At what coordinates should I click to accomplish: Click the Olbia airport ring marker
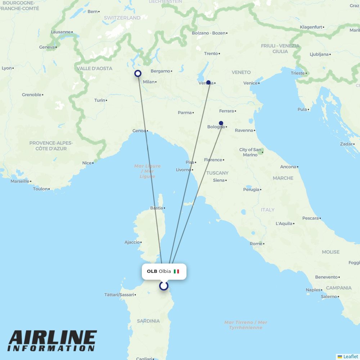tap(164, 286)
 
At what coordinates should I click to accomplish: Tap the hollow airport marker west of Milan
tap(138, 73)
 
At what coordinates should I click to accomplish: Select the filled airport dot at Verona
tap(208, 82)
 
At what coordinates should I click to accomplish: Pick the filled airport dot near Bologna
tap(221, 123)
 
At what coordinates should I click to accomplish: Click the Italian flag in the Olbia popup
tap(176, 271)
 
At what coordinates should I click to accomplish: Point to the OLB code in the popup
tap(152, 271)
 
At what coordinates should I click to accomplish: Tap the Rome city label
tap(256, 244)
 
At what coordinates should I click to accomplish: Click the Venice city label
tap(250, 83)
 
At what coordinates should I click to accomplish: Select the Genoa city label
tap(139, 131)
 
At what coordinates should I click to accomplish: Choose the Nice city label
tap(87, 163)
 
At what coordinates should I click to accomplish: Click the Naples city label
tap(313, 290)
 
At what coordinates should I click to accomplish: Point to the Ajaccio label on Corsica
tap(132, 242)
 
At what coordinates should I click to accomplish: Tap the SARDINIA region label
tap(148, 321)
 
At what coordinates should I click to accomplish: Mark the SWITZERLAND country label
tap(122, 18)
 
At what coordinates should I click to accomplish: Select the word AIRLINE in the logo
tap(53, 338)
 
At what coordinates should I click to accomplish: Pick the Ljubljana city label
tap(319, 54)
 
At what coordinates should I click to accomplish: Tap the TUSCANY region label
tap(217, 173)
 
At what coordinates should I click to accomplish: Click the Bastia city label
tap(156, 208)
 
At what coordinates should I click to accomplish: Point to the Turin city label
tap(100, 100)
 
